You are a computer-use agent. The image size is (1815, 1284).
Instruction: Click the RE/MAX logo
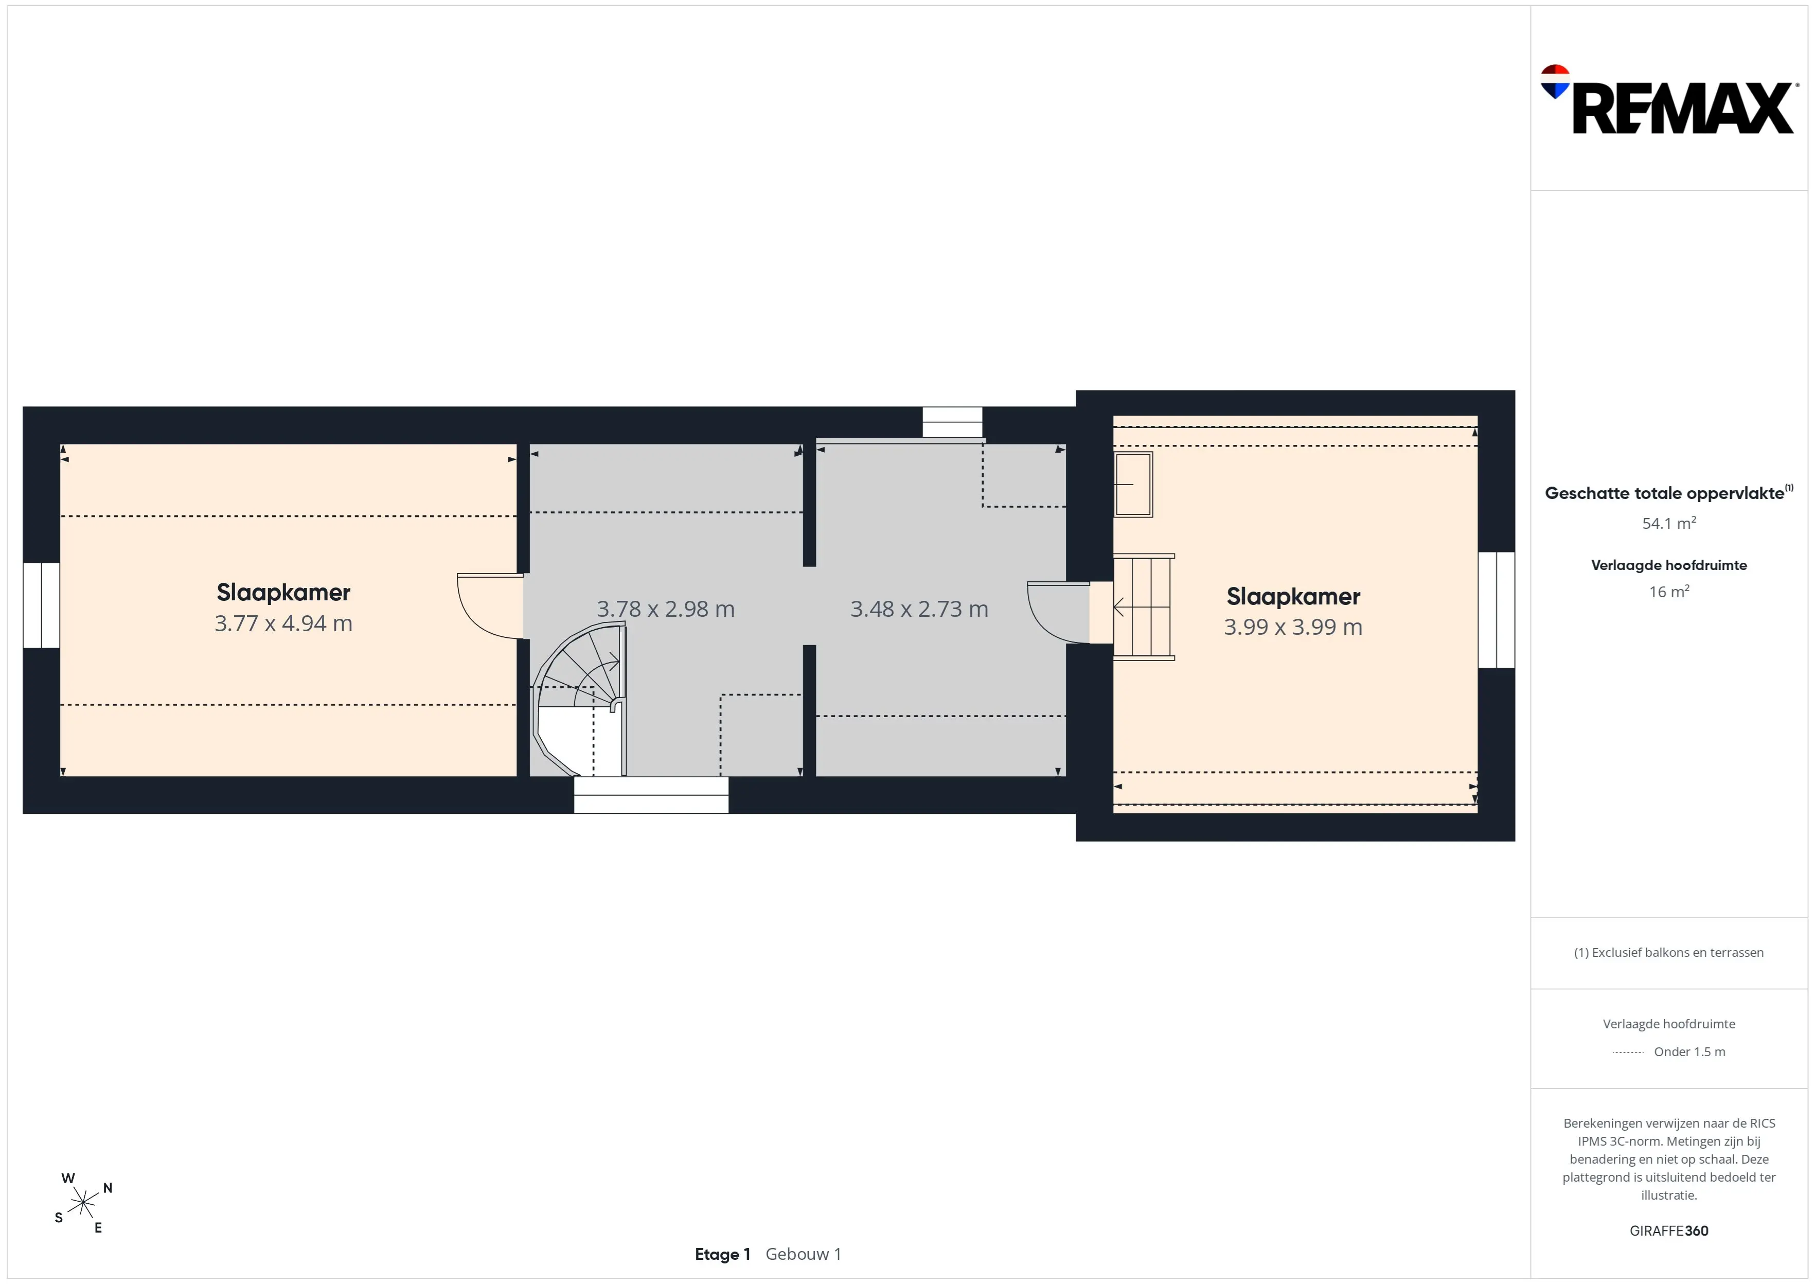pos(1668,100)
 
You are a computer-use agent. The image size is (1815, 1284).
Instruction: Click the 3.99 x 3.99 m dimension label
pos(1293,627)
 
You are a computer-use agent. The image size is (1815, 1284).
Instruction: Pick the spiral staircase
pos(579,700)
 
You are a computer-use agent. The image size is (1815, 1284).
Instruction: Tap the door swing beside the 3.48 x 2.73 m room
pos(1058,613)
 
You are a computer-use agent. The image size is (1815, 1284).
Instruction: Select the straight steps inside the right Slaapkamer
pos(1143,607)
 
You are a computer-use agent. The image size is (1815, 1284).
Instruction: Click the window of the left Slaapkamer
pos(41,605)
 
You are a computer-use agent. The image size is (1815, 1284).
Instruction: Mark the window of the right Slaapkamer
pos(1497,610)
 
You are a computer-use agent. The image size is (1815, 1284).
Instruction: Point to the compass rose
pos(83,1203)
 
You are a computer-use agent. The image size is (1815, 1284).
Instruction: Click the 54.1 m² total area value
pos(1669,523)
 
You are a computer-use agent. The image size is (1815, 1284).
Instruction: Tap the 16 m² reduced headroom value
pos(1669,592)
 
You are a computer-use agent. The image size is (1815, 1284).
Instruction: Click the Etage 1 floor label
pos(722,1254)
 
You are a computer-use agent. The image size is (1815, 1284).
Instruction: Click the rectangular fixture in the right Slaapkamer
pos(1133,484)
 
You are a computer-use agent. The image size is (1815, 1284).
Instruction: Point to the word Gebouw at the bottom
pos(797,1254)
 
